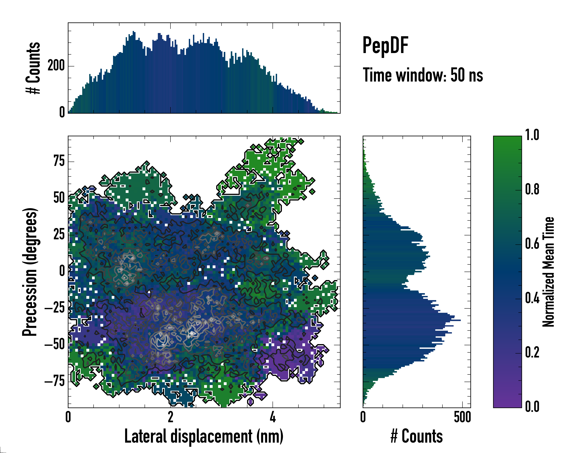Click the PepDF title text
[x=385, y=45]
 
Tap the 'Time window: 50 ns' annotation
[x=423, y=75]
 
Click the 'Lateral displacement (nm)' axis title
[x=204, y=436]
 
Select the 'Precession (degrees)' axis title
[x=30, y=272]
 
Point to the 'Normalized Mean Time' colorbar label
[x=548, y=272]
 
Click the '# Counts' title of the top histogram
[x=33, y=68]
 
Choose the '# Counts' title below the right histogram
[x=417, y=436]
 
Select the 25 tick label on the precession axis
[x=59, y=234]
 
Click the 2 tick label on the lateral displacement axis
[x=170, y=417]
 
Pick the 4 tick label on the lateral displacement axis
[x=273, y=417]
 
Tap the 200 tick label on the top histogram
[x=56, y=66]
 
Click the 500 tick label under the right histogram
[x=462, y=417]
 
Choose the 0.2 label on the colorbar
[x=532, y=352]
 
